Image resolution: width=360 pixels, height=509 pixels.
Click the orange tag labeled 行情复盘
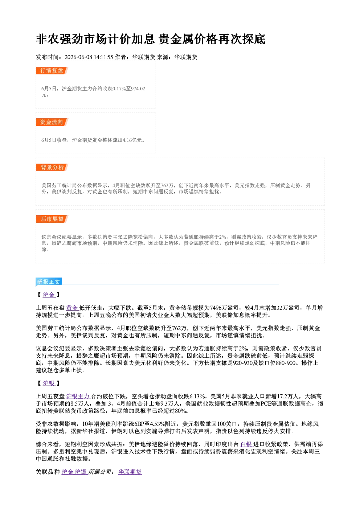coord(52,70)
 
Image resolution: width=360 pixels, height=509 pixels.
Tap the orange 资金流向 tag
coord(52,122)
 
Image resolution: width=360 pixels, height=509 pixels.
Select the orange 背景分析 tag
coord(52,168)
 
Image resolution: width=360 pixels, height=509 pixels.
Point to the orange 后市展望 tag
coord(52,219)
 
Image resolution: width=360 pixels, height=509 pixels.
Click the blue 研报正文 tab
coord(49,282)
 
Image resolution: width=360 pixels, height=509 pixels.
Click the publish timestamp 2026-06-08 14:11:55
coord(89,57)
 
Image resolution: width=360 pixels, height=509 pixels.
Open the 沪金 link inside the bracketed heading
coord(49,295)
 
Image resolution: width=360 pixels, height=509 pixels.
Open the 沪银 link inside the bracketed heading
coord(49,383)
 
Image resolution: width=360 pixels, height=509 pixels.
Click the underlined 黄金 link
coord(72,308)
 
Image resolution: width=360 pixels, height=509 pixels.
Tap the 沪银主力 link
coord(78,397)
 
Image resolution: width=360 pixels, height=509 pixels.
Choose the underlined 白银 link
coord(246,444)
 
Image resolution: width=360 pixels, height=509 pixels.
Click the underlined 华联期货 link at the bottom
coord(130,472)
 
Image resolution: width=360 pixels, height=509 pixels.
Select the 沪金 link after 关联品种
coord(67,472)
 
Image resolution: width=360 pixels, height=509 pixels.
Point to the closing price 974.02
coord(138,89)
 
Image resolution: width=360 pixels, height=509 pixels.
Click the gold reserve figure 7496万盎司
coord(224,308)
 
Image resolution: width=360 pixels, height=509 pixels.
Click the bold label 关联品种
coord(48,472)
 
